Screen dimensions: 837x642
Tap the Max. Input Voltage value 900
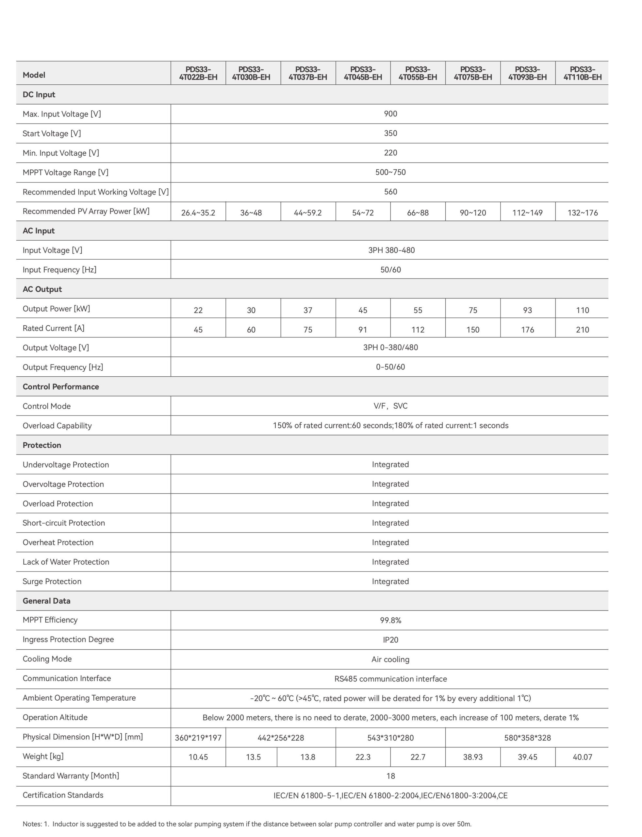(390, 114)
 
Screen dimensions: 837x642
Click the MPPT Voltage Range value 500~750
(390, 172)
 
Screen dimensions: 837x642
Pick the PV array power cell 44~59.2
(308, 213)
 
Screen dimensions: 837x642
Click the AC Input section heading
(39, 231)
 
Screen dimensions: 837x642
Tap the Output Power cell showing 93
(527, 310)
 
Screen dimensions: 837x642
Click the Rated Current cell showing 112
(418, 330)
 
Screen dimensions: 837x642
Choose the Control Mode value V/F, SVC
(390, 406)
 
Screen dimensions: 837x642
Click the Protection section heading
(41, 445)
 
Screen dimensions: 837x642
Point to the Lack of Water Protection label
(66, 562)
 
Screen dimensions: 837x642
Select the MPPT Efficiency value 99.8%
(390, 621)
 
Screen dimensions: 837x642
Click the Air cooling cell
(390, 659)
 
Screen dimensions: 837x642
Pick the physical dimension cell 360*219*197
(198, 738)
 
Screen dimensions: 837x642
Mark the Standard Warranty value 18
(390, 776)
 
